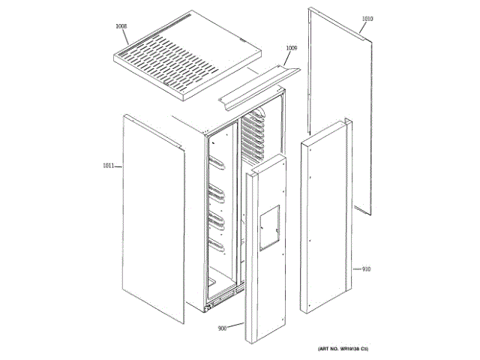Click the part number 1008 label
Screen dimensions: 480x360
click(x=121, y=26)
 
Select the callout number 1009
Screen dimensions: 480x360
click(x=292, y=48)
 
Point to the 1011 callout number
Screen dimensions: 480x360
click(x=109, y=166)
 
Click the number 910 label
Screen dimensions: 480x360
click(x=367, y=268)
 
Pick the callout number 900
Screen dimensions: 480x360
click(x=223, y=328)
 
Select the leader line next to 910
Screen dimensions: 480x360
click(x=356, y=268)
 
